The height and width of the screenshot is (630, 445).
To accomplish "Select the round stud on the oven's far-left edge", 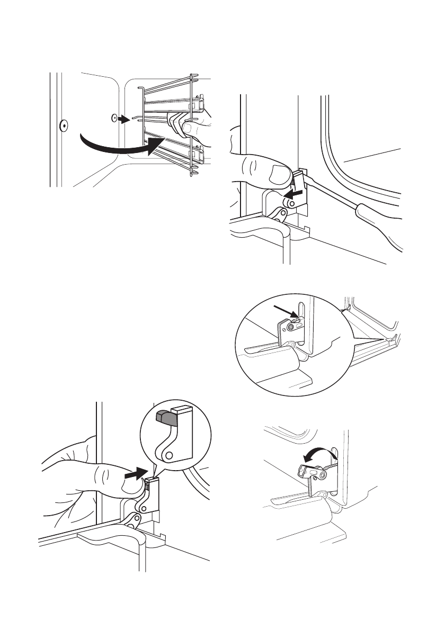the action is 63,125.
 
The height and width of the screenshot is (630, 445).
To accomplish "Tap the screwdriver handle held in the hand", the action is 371,215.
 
